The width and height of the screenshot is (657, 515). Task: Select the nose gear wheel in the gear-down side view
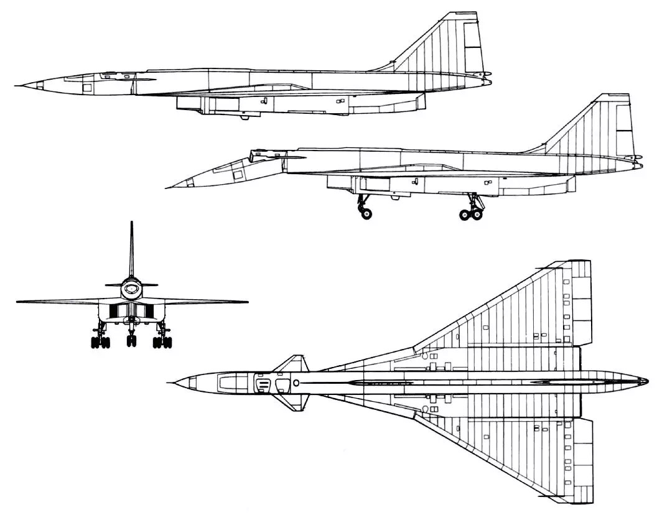[x=366, y=213]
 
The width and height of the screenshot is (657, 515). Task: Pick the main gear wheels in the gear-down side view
[x=472, y=214]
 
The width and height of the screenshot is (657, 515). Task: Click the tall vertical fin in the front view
[x=131, y=249]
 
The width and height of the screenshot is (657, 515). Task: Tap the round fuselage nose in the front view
[x=131, y=287]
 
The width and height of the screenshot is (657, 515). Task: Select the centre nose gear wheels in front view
[x=131, y=340]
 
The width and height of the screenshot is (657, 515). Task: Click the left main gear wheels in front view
[x=99, y=341]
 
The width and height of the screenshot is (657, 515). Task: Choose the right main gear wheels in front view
[x=164, y=341]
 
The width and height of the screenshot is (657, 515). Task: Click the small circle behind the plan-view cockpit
[x=296, y=382]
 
